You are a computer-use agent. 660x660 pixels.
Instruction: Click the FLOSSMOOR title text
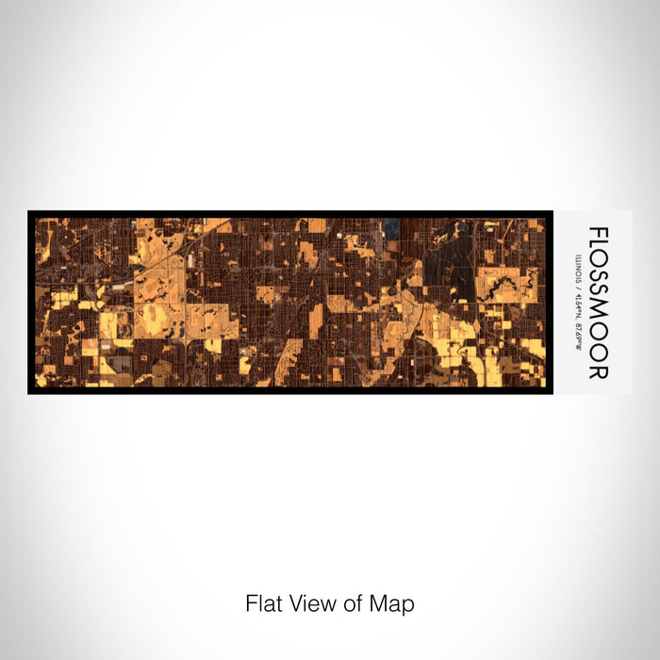pos(597,302)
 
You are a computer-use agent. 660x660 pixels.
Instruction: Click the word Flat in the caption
pos(263,603)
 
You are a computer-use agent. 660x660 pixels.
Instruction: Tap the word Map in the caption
pos(395,603)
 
